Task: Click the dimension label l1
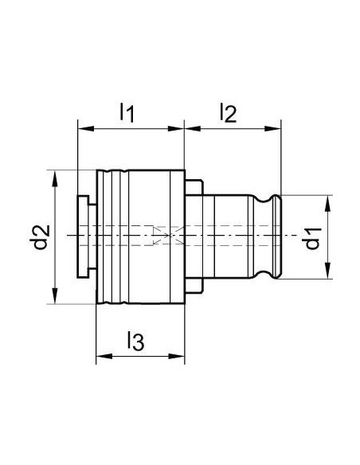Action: tap(127, 112)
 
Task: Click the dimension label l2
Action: tap(229, 113)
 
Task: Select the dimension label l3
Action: tap(136, 341)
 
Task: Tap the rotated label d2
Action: tap(39, 237)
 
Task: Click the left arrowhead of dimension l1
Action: tap(85, 128)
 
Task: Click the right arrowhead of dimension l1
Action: tap(176, 128)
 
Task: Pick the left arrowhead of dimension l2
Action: tap(193, 128)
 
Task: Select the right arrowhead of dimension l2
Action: tap(272, 128)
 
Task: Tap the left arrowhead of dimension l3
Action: tap(104, 356)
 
